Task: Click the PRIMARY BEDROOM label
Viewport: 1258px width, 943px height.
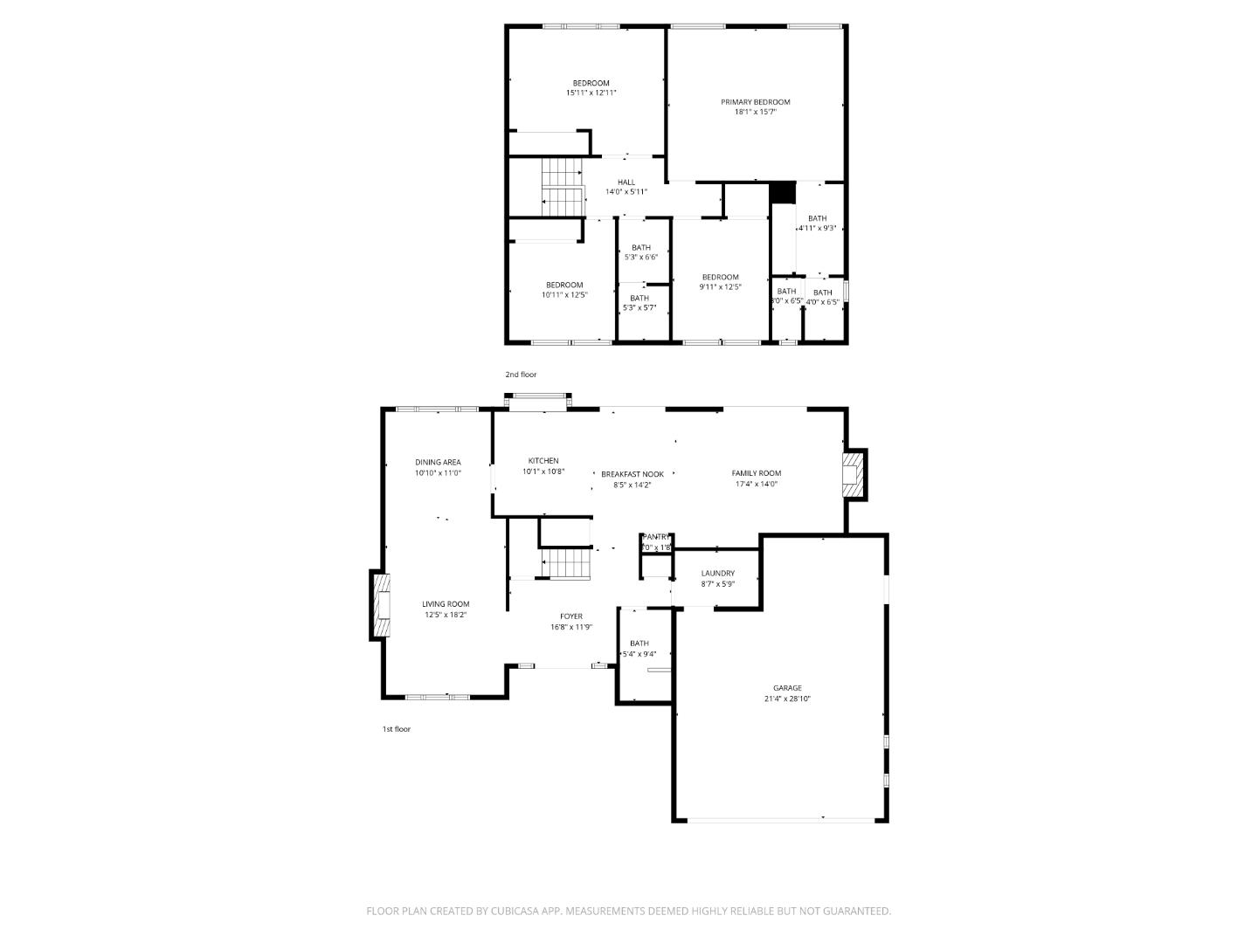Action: (755, 102)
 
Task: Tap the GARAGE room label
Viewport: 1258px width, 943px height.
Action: (786, 688)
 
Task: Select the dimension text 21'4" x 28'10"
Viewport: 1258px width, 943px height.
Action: (786, 699)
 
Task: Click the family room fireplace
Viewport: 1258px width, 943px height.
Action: (853, 473)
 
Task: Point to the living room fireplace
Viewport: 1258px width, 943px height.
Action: (380, 606)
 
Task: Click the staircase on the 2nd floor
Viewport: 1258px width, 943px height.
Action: (562, 186)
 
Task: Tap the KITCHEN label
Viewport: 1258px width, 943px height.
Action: (543, 461)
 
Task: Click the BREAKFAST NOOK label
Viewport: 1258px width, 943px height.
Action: (632, 474)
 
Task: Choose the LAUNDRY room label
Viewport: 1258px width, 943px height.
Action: (717, 574)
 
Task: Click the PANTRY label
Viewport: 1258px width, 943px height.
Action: (657, 537)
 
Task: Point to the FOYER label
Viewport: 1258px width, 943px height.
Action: (571, 616)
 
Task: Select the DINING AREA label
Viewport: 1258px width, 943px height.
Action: (438, 463)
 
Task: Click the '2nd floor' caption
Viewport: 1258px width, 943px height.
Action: (521, 375)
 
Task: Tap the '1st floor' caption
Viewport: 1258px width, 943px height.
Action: (396, 729)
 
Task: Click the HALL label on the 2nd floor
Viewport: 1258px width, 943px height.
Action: (626, 182)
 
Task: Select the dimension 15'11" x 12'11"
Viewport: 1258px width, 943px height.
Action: (591, 93)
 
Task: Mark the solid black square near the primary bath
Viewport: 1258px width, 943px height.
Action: (783, 192)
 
